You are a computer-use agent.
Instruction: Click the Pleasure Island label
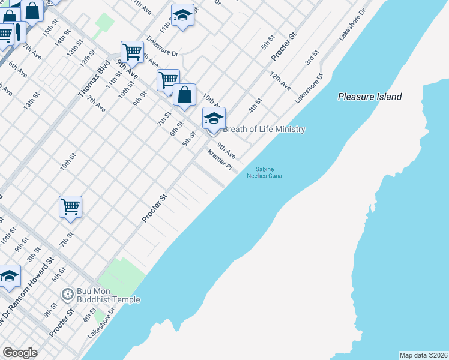[369, 97]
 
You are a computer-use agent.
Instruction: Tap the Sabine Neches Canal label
[265, 172]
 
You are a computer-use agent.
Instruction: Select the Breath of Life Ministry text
[264, 130]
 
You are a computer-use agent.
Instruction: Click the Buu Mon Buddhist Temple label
[108, 296]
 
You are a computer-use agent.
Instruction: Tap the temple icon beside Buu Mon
[67, 293]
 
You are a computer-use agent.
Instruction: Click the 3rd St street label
[312, 58]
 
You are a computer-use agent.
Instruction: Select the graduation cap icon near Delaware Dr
[182, 16]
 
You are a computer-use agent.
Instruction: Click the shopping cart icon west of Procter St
[70, 207]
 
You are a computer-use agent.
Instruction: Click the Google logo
[20, 353]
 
